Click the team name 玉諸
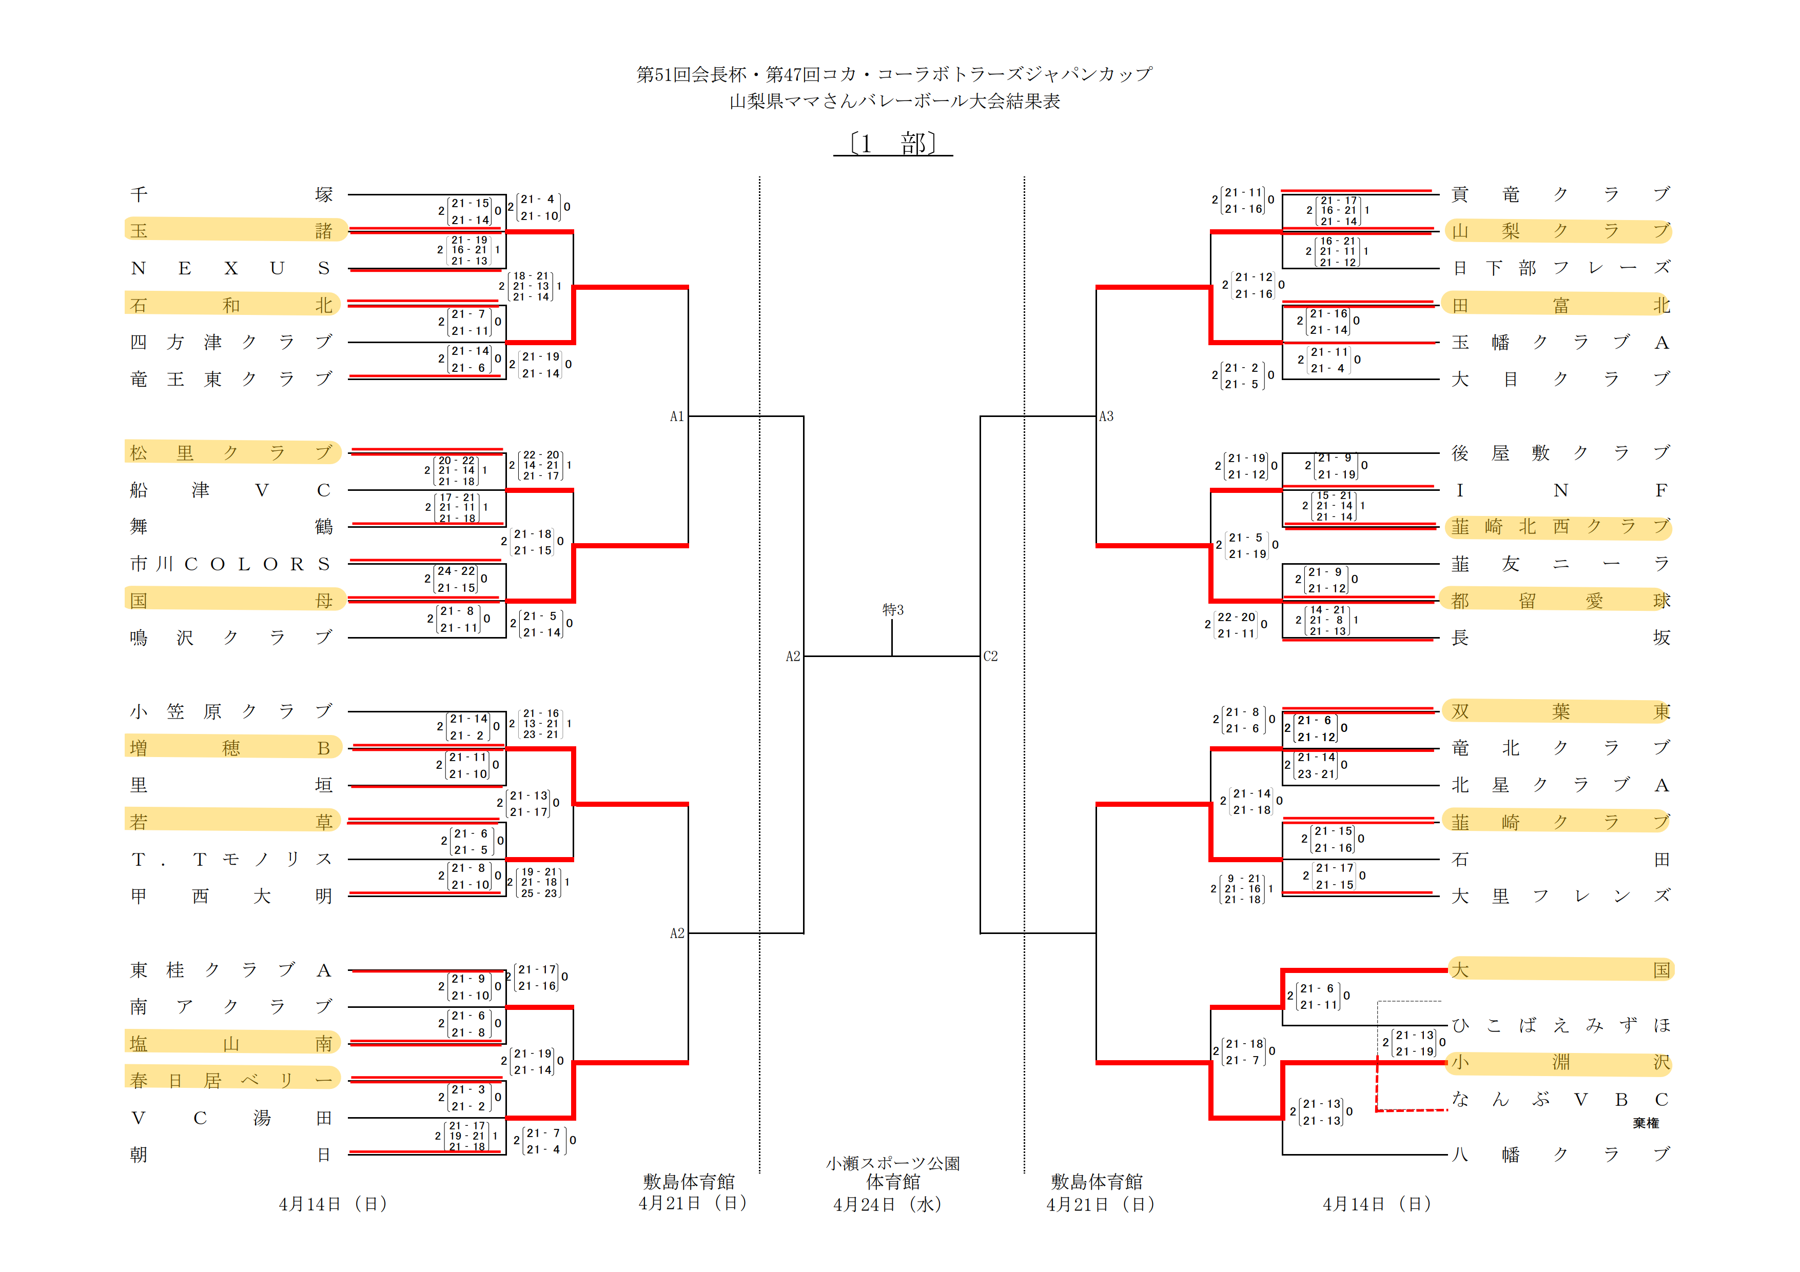point(231,230)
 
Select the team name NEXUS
point(231,268)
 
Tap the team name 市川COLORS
point(231,564)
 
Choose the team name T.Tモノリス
point(231,860)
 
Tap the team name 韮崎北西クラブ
point(1560,527)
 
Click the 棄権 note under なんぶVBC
point(1646,1123)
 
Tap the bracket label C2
point(991,657)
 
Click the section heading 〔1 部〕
point(893,144)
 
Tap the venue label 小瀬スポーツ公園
point(892,1164)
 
